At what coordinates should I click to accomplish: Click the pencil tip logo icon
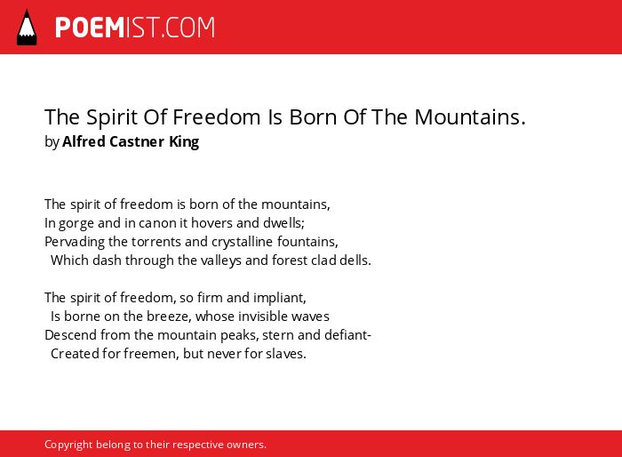tap(27, 28)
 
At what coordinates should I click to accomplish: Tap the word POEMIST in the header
tap(108, 28)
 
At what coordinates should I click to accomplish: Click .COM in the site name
tap(187, 28)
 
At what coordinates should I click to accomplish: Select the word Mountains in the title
tap(470, 116)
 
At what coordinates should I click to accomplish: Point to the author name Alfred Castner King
tap(131, 141)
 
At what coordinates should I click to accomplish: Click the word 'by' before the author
tap(52, 142)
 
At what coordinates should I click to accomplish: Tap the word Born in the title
tap(313, 116)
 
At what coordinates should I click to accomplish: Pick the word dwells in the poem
tap(283, 223)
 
